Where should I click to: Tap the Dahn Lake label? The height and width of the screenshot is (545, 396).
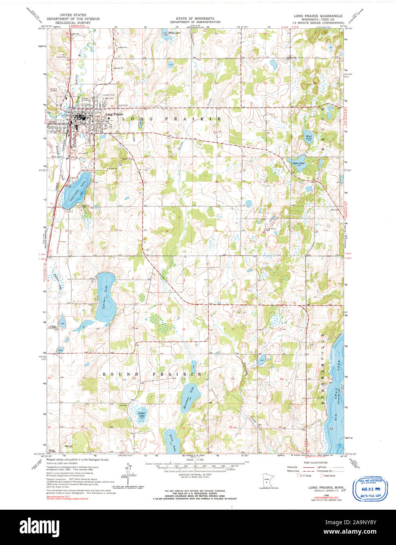click(299, 163)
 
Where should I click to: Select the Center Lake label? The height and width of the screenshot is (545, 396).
click(142, 413)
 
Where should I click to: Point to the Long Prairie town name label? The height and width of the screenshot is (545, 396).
click(114, 114)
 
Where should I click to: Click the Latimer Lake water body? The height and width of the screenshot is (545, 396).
click(105, 298)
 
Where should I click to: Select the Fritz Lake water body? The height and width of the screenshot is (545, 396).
click(171, 442)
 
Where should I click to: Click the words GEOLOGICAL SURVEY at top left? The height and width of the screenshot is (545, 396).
click(73, 23)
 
